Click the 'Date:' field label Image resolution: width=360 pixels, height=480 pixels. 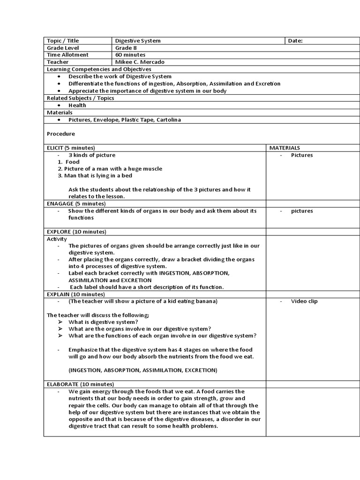[x=295, y=41]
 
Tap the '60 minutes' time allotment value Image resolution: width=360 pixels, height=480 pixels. [x=130, y=55]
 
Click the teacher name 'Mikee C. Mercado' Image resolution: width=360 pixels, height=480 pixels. [x=140, y=62]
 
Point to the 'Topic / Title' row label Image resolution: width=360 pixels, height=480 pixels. [x=63, y=41]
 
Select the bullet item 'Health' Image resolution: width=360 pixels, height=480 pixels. [x=77, y=105]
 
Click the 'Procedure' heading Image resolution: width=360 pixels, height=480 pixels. [x=61, y=134]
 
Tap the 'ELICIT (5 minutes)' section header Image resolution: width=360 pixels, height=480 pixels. [x=71, y=148]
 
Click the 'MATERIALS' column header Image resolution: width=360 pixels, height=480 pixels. [x=285, y=148]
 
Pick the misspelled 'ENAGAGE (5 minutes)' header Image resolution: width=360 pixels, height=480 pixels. [x=76, y=203]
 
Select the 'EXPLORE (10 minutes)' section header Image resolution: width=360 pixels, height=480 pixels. [x=76, y=232]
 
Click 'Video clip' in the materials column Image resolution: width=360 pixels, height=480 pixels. [x=304, y=301]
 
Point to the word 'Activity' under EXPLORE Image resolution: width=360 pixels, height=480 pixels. [x=57, y=239]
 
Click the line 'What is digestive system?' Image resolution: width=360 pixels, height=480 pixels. [x=103, y=322]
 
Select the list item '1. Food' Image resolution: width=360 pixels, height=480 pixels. [x=69, y=162]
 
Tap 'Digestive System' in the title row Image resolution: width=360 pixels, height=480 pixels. [x=138, y=41]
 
